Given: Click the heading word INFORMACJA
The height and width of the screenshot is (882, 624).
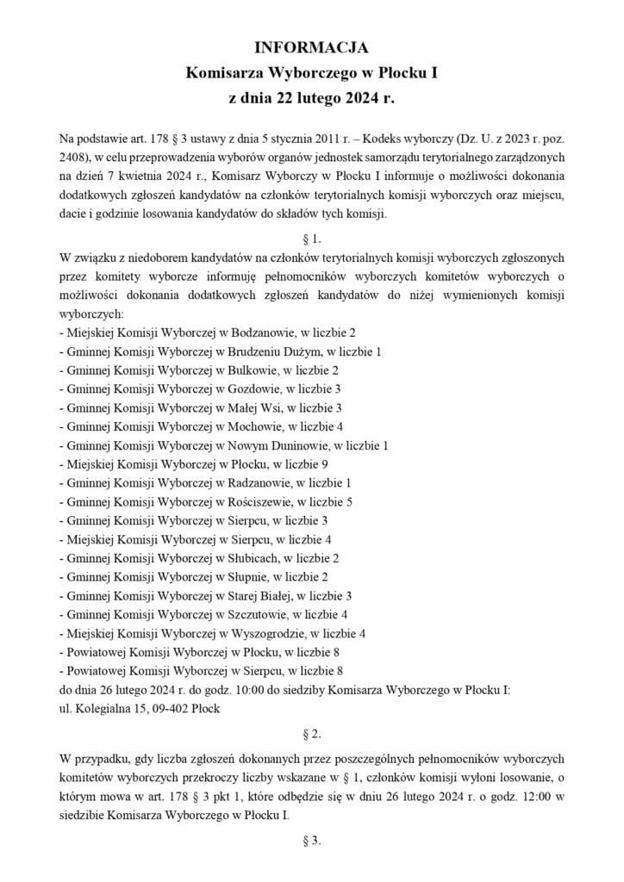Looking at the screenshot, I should pos(312,47).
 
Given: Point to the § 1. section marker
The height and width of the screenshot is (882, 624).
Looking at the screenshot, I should pos(312,236).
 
